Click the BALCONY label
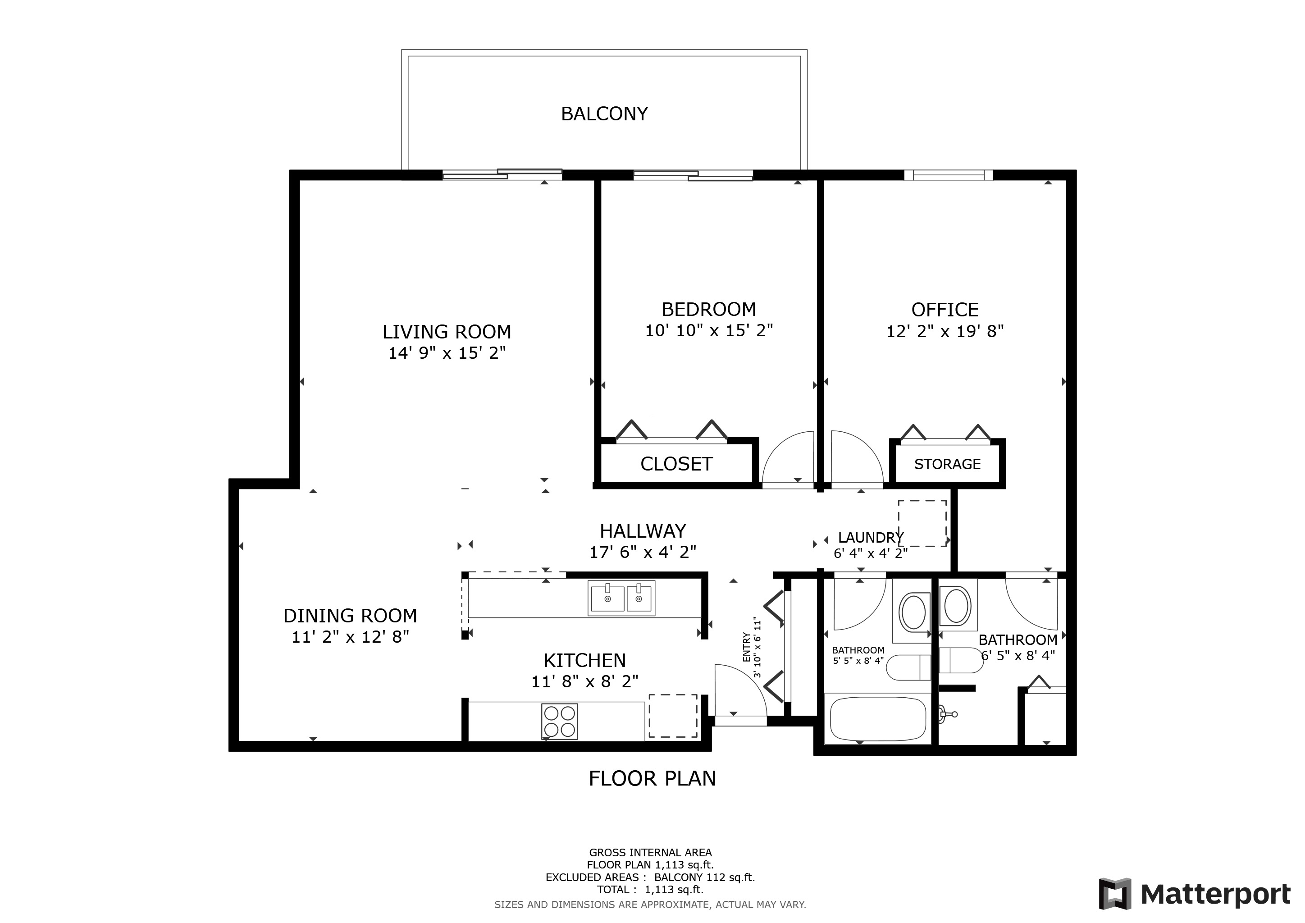[x=604, y=114]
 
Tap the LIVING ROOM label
[x=447, y=331]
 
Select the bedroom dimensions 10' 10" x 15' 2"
[x=709, y=330]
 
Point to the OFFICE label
[x=945, y=310]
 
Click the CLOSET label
[x=676, y=464]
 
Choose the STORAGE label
[x=948, y=464]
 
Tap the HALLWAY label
[x=643, y=531]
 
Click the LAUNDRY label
[x=870, y=537]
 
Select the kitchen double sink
[x=621, y=598]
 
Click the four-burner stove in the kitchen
[x=559, y=721]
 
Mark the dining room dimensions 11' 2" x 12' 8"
[x=350, y=636]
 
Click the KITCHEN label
[x=585, y=660]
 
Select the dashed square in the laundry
[x=922, y=523]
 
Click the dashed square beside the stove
[x=673, y=716]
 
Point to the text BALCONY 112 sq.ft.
[x=704, y=877]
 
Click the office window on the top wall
[x=948, y=174]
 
